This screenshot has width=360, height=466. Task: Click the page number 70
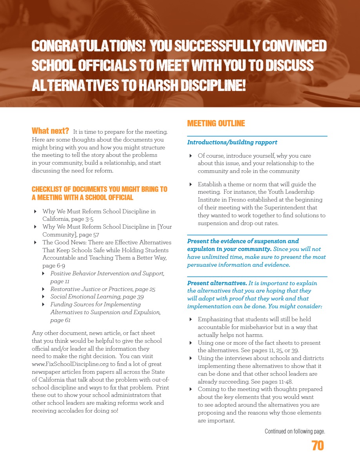(318, 446)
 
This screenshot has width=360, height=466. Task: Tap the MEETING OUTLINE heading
(216, 124)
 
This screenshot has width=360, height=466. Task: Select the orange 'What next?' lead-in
(50, 131)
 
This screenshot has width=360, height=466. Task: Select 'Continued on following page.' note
(295, 431)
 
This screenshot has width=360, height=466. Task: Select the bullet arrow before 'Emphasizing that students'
(191, 319)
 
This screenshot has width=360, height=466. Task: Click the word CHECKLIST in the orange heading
(47, 189)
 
